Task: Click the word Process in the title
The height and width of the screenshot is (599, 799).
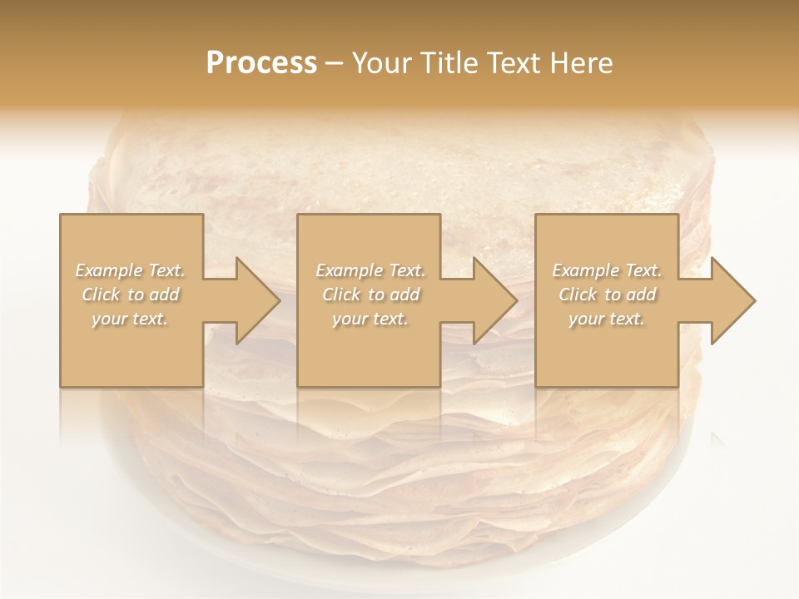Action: coord(261,63)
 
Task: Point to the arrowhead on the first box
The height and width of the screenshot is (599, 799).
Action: coord(255,300)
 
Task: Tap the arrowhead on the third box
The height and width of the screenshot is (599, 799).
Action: coord(731,300)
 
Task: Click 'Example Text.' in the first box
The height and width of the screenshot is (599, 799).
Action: coord(130,270)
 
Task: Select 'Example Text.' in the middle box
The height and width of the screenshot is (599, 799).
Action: coord(370,270)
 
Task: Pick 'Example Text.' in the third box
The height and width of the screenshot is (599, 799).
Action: coord(607,270)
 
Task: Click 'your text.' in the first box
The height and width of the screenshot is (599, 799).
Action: coord(130,319)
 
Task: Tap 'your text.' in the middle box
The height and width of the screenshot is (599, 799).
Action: coord(370,319)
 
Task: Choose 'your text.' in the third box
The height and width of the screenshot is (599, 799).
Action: coord(607,319)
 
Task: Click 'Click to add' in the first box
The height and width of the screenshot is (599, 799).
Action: coord(130,295)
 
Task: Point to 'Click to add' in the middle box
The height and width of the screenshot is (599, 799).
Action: coord(370,295)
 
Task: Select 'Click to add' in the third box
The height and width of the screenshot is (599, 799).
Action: coord(607,295)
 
